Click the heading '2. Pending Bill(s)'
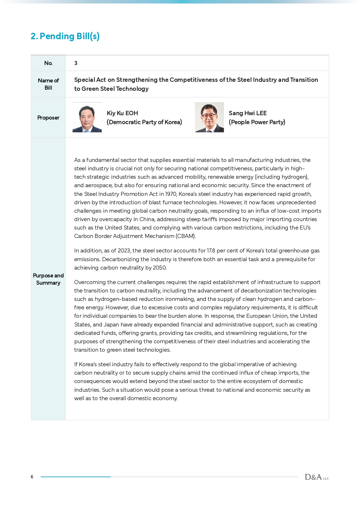65,36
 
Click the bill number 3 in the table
76,63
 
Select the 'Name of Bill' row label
48,84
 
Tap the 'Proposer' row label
48,118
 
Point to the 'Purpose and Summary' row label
48,279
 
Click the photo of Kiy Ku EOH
87,118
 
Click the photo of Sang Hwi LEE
209,118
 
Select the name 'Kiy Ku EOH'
122,113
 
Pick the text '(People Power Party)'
257,122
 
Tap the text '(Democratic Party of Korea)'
144,122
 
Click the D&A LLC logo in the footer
317,477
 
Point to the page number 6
32,477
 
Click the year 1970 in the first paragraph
171,194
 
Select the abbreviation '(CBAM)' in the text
186,236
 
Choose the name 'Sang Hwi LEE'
247,113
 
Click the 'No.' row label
48,63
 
